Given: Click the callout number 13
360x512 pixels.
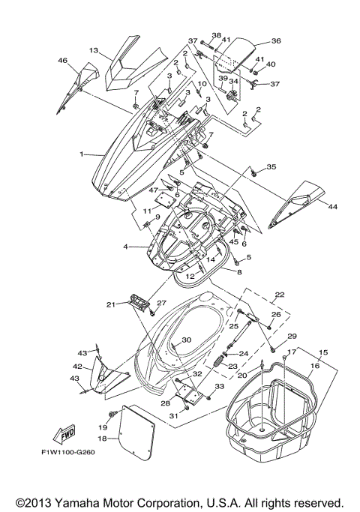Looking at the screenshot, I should (x=94, y=50).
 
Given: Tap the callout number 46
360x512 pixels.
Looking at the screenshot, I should (x=63, y=60).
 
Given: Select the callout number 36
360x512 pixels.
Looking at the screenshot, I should (x=275, y=41).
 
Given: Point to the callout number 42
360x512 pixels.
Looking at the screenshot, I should (x=76, y=367).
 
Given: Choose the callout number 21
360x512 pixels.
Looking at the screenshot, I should (x=110, y=304).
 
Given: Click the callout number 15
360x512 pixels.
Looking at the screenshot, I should (x=324, y=352).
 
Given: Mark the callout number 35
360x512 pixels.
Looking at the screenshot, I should (x=271, y=166).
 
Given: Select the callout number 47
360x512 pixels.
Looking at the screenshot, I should (x=154, y=191).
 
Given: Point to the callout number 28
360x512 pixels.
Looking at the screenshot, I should (x=164, y=403).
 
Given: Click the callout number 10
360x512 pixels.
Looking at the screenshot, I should (x=201, y=84).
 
